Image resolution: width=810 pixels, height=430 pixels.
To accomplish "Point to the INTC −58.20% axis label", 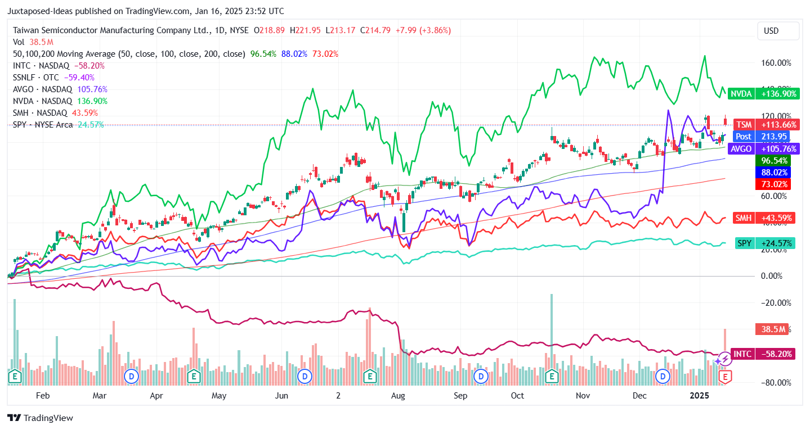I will tap(762, 355).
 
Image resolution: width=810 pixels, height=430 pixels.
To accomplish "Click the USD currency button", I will tap(778, 31).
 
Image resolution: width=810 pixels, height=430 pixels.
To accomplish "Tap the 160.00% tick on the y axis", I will tap(776, 63).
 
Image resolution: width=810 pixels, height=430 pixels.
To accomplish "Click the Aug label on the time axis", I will tap(398, 396).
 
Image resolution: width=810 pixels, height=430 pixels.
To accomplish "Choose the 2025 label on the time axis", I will tap(700, 396).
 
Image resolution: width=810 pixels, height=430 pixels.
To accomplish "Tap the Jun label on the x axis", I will tap(281, 396).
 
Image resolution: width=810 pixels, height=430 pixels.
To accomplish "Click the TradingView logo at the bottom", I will tap(40, 418).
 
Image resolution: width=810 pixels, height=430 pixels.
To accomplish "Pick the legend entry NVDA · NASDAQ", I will tap(43, 101).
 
